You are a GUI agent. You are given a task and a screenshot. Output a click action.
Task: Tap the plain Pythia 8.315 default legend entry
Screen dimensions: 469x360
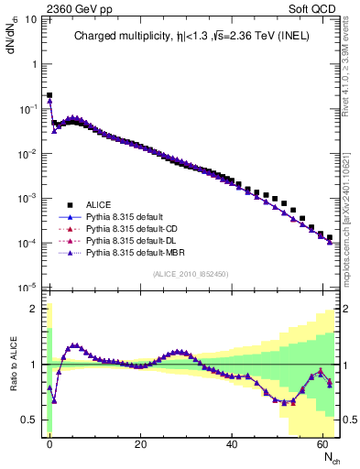(124, 216)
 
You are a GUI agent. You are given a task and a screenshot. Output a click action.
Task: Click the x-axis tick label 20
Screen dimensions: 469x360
(140, 443)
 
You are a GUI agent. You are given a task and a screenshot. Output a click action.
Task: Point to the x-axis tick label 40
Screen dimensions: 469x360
(232, 443)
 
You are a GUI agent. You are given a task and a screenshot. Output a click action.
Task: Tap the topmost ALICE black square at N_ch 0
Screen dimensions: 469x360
(49, 94)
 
